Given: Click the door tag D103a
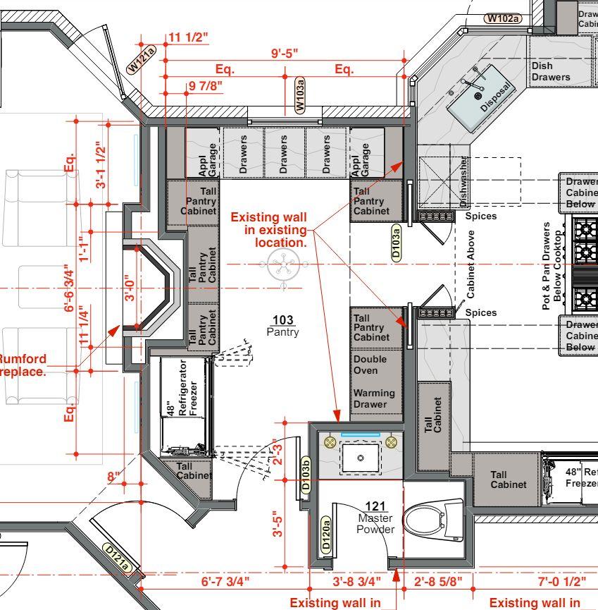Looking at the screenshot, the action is pyautogui.click(x=396, y=241).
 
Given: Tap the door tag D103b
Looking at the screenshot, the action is pyautogui.click(x=306, y=477).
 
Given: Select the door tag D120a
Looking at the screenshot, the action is pyautogui.click(x=326, y=535).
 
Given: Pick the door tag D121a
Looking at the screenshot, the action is pyautogui.click(x=117, y=557).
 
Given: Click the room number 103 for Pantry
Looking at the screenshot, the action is pyautogui.click(x=282, y=322).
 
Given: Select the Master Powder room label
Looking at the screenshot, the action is pyautogui.click(x=375, y=524).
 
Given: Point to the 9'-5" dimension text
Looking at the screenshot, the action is pyautogui.click(x=285, y=53).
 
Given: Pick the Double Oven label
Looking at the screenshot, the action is pyautogui.click(x=370, y=365).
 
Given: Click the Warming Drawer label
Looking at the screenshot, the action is pyautogui.click(x=374, y=398).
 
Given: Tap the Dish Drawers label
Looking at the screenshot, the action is pyautogui.click(x=551, y=71).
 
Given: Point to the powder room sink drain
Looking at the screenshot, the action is pyautogui.click(x=361, y=458).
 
